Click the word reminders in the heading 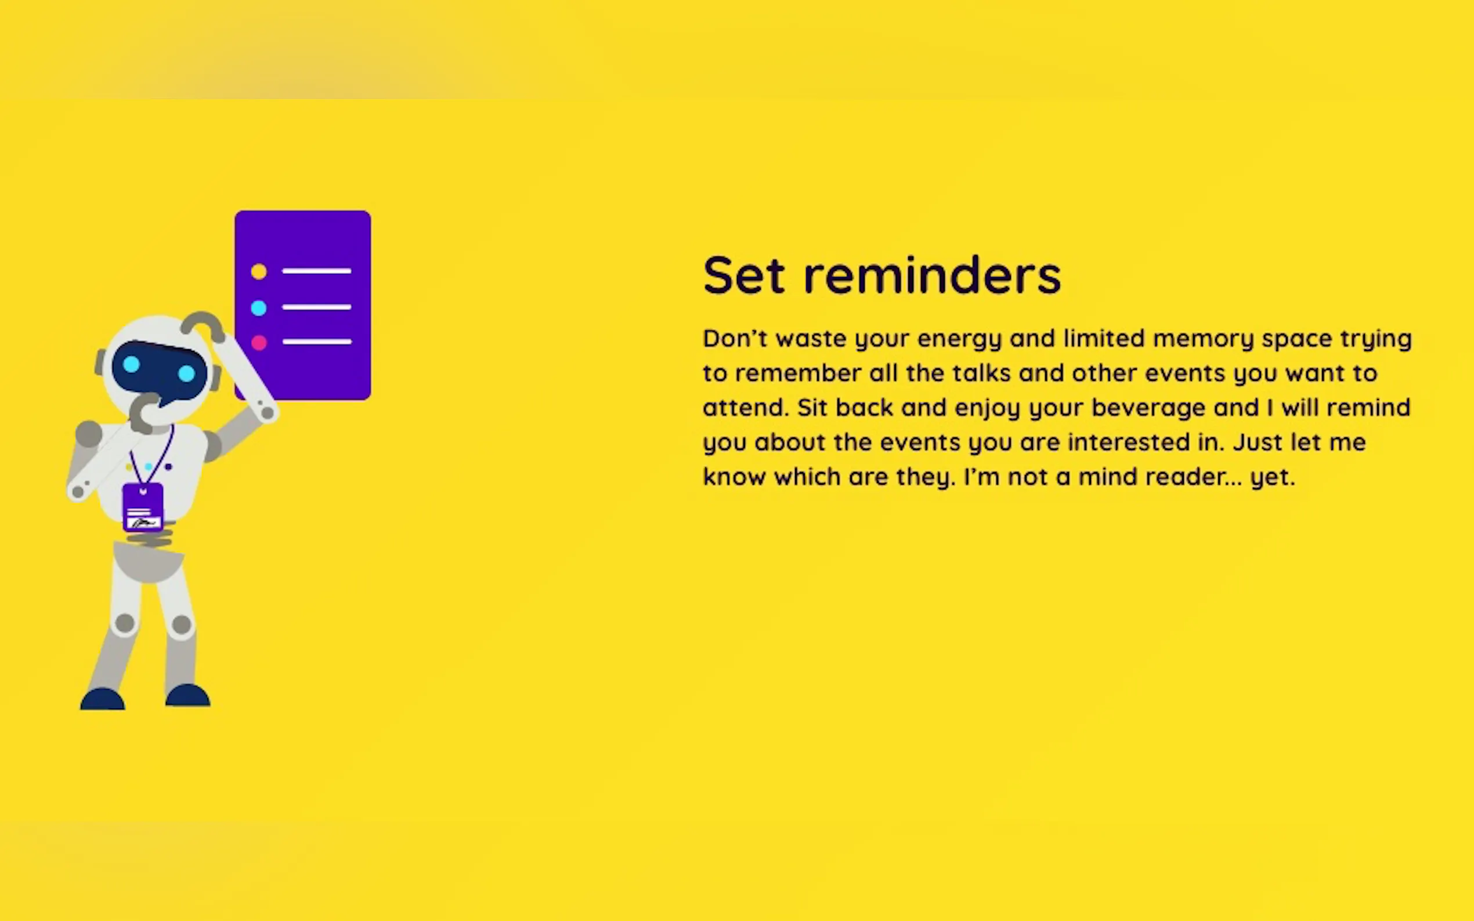(933, 275)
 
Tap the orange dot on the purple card (259, 271)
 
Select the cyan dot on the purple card (259, 307)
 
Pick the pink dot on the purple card (259, 343)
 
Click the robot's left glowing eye (132, 365)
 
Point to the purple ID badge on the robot (143, 507)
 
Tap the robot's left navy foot (102, 699)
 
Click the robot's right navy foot (187, 695)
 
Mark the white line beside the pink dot (317, 342)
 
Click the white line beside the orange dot (317, 270)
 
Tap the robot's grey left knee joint (125, 623)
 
